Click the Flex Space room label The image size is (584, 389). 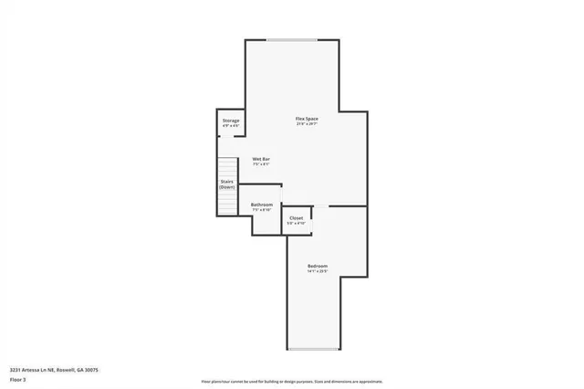(x=306, y=120)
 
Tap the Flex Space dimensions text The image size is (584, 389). (x=306, y=125)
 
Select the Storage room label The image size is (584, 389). (x=231, y=121)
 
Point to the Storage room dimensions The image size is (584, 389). (x=231, y=126)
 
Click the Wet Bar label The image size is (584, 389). (x=261, y=160)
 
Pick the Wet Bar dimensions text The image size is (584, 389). (x=261, y=165)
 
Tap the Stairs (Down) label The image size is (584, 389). (x=227, y=184)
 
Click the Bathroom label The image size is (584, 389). (x=262, y=205)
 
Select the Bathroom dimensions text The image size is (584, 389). (x=262, y=210)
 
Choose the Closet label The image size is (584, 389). (x=297, y=218)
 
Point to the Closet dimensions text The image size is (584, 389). (x=297, y=224)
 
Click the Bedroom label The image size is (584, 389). (x=317, y=266)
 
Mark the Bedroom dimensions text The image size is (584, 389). (x=317, y=271)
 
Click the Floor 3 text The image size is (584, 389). (x=18, y=378)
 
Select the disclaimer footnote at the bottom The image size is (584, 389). (x=292, y=381)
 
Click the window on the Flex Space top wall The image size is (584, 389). (x=293, y=39)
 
